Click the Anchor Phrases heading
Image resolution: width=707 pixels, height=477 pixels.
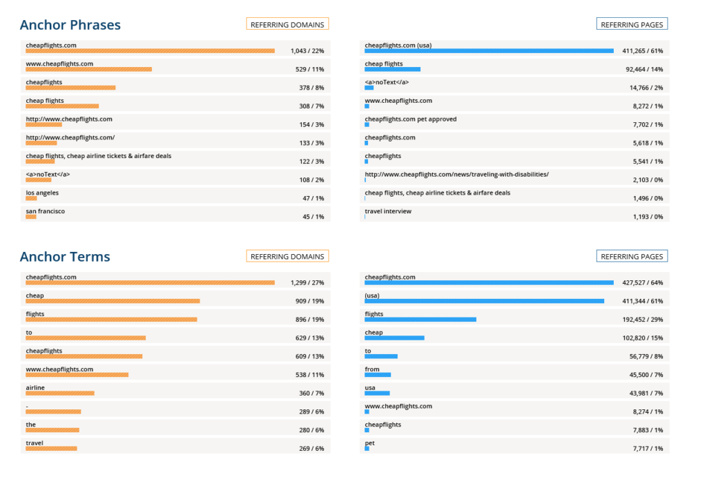70,26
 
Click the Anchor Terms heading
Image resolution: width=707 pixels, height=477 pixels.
65,257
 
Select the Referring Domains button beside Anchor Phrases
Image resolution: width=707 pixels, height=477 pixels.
287,24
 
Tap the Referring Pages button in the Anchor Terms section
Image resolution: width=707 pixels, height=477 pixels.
632,256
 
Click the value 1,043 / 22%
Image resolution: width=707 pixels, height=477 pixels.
307,51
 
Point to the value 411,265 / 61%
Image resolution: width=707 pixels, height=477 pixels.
642,51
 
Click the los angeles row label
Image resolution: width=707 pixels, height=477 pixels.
42,193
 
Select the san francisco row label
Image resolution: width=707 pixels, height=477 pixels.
45,211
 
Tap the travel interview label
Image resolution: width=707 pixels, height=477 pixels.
388,211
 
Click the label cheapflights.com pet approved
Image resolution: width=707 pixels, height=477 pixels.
410,119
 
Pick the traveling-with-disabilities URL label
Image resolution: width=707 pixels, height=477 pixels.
456,175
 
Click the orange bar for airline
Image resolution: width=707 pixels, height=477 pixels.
60,393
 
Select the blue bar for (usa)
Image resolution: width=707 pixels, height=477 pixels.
484,301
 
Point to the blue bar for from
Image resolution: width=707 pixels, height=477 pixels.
378,375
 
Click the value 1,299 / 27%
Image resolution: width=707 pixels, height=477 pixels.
307,283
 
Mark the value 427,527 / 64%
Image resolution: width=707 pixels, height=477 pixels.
642,283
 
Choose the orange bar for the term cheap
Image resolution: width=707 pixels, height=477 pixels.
113,301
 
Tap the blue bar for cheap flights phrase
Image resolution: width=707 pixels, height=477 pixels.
392,69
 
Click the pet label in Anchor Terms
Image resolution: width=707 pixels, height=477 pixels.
369,443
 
